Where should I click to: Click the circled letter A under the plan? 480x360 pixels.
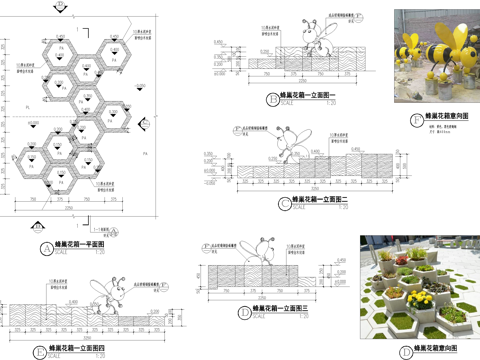tap(46, 246)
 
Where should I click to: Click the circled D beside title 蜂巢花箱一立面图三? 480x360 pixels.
tap(245, 312)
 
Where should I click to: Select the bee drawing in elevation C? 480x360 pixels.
tap(290, 143)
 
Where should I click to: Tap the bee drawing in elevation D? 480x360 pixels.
tap(266, 251)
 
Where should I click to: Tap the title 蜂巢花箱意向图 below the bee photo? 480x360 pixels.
tap(451, 118)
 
